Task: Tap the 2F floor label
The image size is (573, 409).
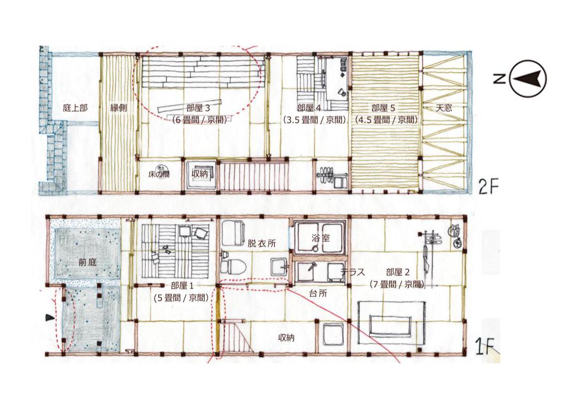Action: coord(489,187)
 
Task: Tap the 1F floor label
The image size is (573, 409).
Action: coord(485,347)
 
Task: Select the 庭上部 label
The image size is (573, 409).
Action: coord(75,108)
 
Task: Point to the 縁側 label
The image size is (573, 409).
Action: coord(119,108)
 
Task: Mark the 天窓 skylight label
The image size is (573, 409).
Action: coord(444,108)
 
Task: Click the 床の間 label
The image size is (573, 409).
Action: coord(159,174)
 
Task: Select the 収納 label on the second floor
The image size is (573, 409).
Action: coord(200,174)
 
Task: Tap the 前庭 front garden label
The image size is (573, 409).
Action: coord(87,262)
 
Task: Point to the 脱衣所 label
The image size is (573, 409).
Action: coord(262,243)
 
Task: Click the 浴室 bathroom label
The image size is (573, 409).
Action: coord(320,238)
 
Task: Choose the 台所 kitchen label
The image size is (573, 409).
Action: coord(318,293)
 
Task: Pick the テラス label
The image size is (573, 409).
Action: coord(353,272)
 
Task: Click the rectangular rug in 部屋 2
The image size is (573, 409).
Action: coord(392,323)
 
